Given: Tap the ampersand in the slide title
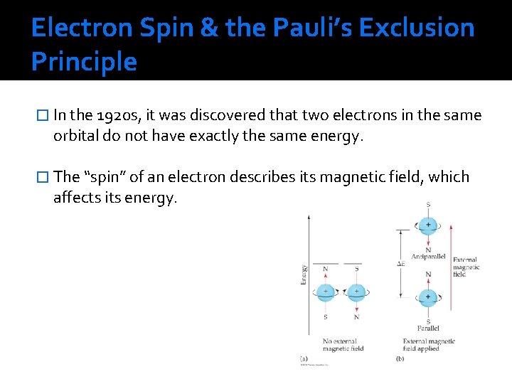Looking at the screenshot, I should (210, 28).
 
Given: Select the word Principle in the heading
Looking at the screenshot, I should (84, 63).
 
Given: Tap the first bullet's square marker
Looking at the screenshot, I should (43, 116).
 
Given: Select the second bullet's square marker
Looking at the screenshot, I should (43, 177).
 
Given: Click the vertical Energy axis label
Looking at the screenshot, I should (304, 275).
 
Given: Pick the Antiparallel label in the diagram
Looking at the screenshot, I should (428, 256).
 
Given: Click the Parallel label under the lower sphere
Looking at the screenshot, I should (428, 329).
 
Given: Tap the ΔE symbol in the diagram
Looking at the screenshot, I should (400, 264).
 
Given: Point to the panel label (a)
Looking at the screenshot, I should (304, 360).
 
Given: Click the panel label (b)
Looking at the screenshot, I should (399, 360).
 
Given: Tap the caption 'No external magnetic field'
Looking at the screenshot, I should (343, 345).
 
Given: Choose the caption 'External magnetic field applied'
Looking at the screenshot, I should (429, 345).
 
